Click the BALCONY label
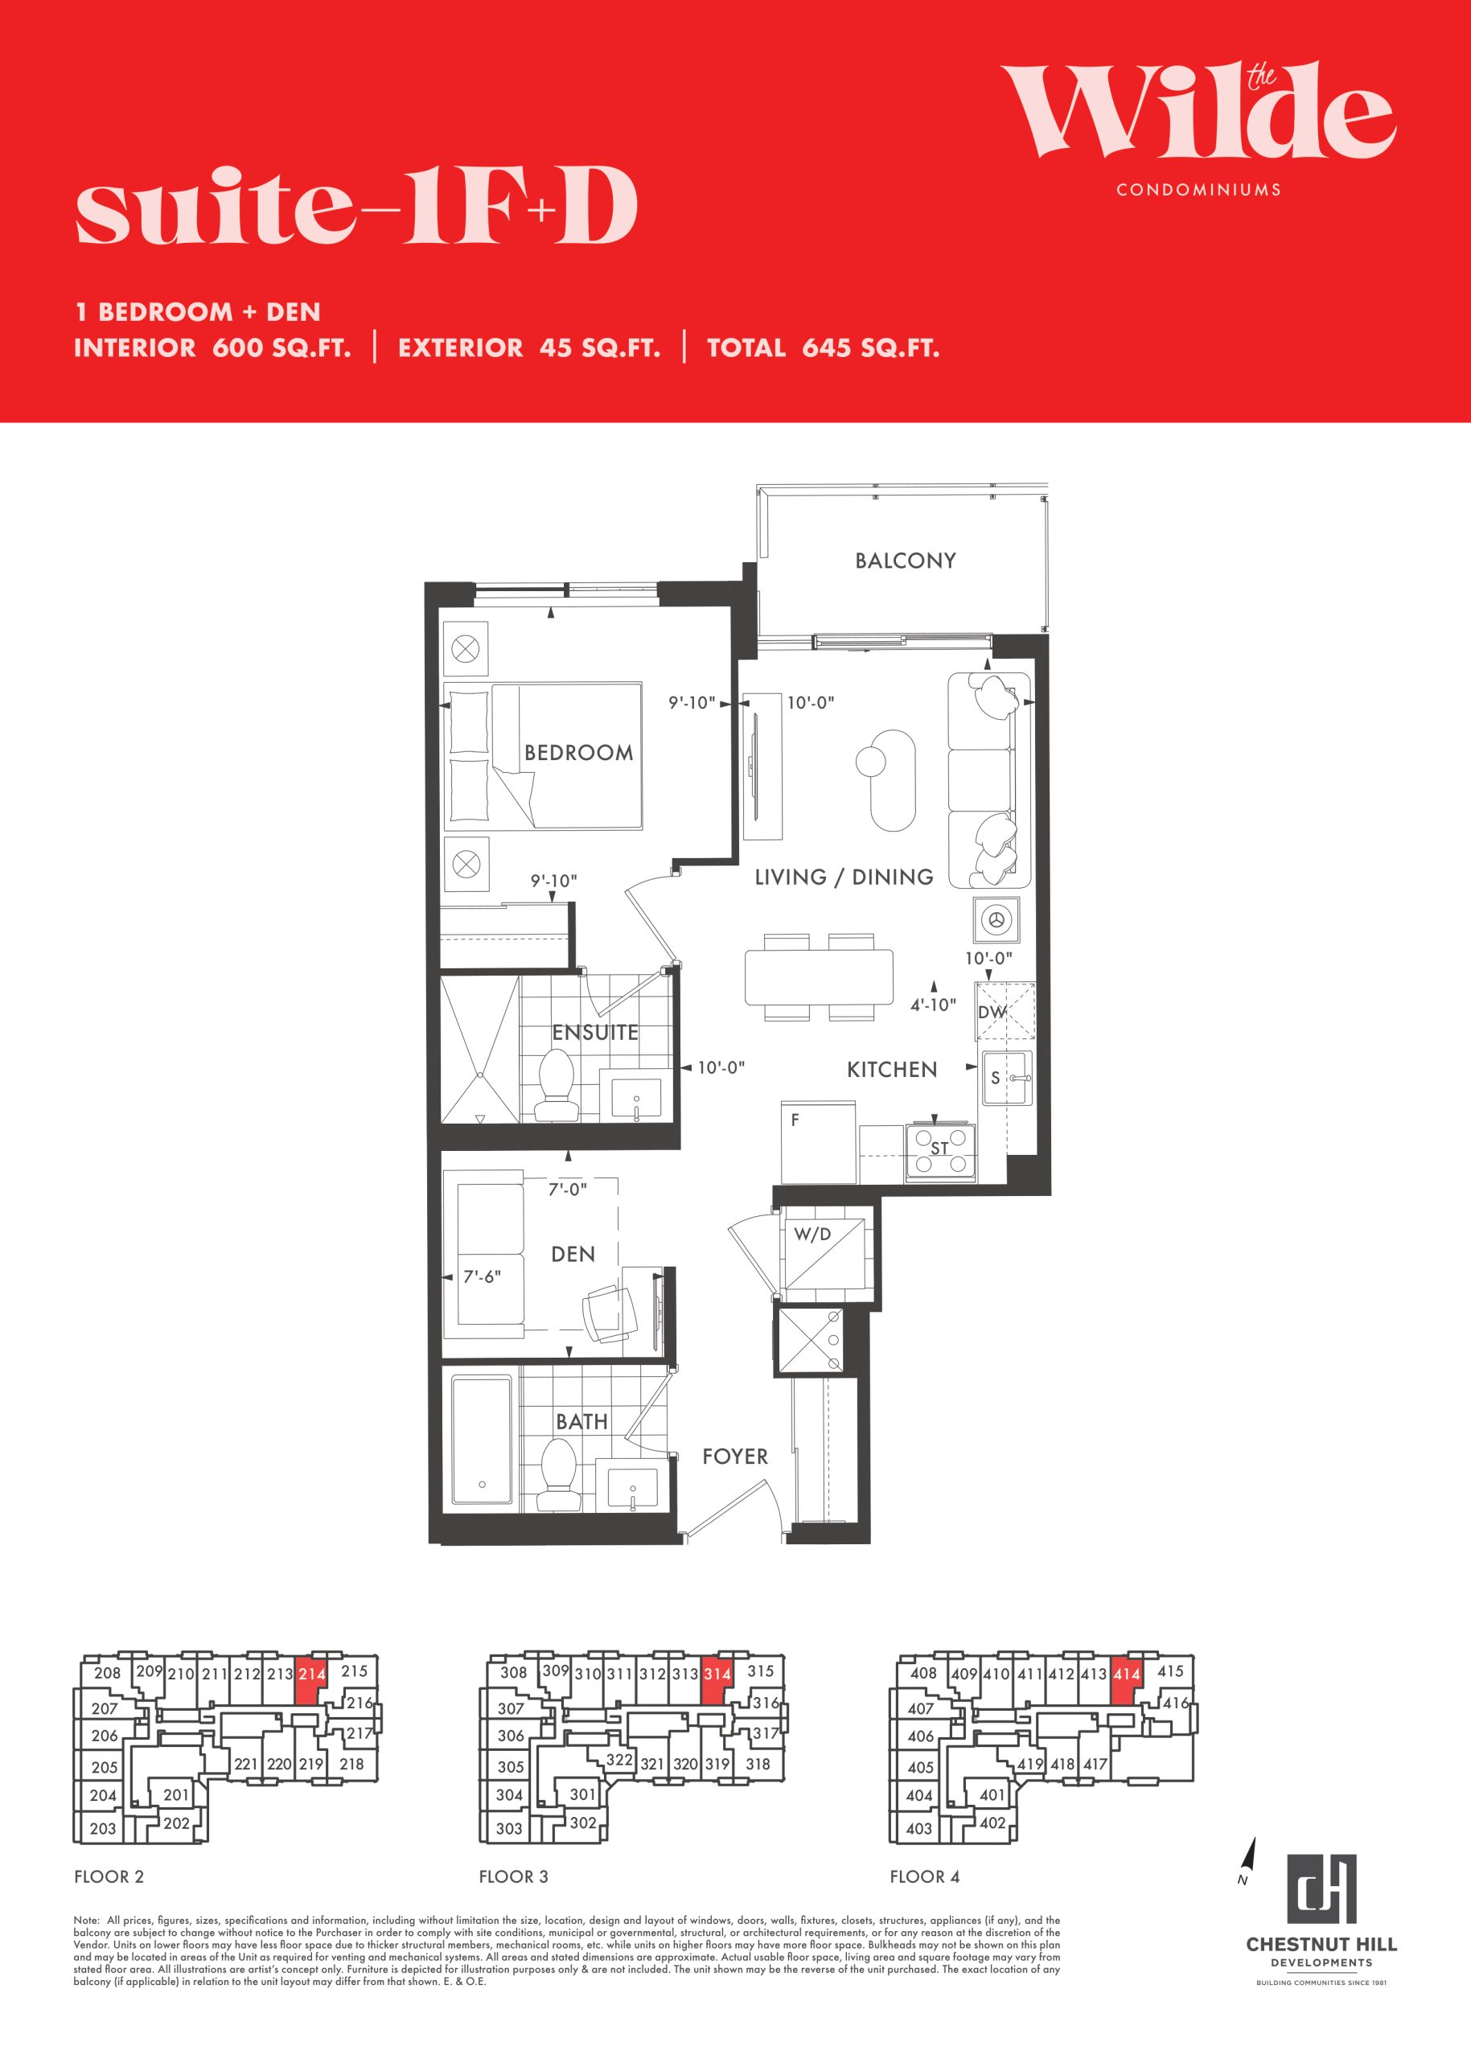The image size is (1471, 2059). pos(905,561)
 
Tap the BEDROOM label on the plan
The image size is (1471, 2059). pos(579,753)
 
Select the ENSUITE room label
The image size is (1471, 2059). pos(595,1032)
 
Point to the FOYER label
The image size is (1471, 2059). pos(734,1457)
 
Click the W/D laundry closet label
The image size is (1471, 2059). pos(812,1234)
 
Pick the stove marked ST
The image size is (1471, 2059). pos(940,1153)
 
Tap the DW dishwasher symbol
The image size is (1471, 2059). pos(1005,1011)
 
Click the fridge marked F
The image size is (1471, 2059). pos(818,1141)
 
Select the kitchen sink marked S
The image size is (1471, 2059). pos(1005,1077)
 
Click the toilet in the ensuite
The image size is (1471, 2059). pos(557,1085)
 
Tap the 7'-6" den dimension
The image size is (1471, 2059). pos(482,1276)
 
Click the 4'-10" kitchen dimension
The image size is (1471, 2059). pos(933,1005)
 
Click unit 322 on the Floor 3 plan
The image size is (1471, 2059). pos(619,1759)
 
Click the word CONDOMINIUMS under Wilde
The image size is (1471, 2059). pos(1198,189)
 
